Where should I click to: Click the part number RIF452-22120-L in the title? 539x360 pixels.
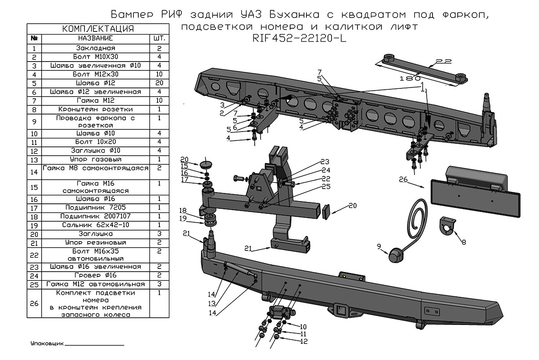(x=299, y=39)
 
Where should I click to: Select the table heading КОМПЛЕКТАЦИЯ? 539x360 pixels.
(x=98, y=29)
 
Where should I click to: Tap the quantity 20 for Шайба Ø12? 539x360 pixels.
(x=159, y=83)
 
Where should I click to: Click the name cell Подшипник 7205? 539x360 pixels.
(x=96, y=207)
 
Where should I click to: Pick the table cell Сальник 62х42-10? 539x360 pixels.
(x=96, y=225)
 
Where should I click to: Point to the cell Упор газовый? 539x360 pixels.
(x=96, y=159)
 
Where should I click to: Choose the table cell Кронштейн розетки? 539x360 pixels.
(x=96, y=110)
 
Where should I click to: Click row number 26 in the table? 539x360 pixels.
(x=34, y=303)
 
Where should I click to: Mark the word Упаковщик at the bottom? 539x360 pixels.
(x=47, y=344)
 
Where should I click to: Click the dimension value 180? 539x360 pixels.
(x=410, y=79)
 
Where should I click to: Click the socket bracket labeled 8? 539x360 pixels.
(x=447, y=226)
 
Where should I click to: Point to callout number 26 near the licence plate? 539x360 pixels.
(x=403, y=180)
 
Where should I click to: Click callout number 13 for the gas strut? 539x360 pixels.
(x=212, y=303)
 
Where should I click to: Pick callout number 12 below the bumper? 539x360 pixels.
(x=304, y=342)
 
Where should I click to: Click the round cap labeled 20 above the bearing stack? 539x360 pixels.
(x=206, y=166)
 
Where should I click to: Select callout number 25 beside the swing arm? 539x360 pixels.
(x=326, y=187)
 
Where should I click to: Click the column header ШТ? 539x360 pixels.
(x=159, y=39)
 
